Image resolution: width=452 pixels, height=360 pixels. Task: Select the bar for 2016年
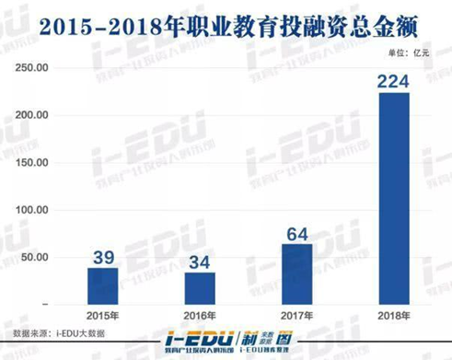point(198,287)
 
